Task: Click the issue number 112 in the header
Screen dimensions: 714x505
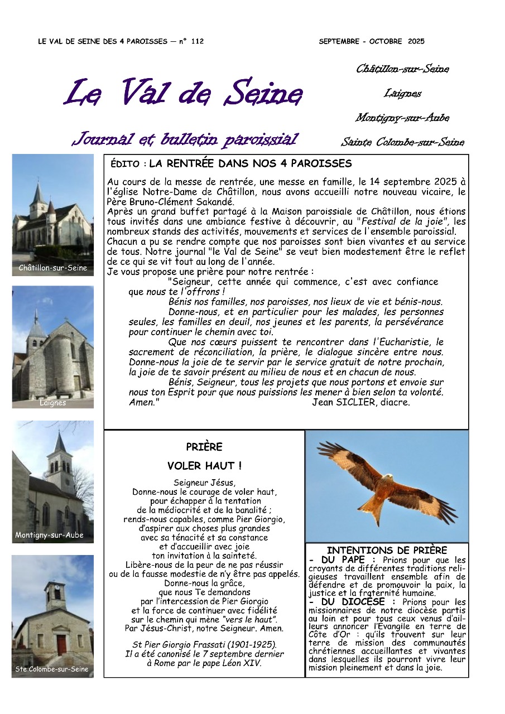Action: pos(196,41)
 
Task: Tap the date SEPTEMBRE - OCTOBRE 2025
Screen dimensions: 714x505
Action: pos(372,41)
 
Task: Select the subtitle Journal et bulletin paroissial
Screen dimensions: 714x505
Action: pos(185,139)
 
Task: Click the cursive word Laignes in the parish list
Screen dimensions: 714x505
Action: pos(402,94)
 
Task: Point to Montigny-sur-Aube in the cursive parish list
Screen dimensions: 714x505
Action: pos(402,118)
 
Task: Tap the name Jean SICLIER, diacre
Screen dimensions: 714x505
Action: pos(361,402)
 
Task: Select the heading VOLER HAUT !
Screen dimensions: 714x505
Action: pos(204,466)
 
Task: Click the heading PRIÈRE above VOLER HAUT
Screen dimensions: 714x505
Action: pos(204,447)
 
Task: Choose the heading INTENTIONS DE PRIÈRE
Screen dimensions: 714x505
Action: pos(387,551)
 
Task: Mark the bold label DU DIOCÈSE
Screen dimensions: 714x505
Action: pos(355,602)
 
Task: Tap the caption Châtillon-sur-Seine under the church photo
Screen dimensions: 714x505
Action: pos(53,268)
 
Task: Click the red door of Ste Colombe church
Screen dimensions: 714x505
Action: pos(61,645)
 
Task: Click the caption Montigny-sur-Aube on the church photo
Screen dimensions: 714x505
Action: pos(50,535)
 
